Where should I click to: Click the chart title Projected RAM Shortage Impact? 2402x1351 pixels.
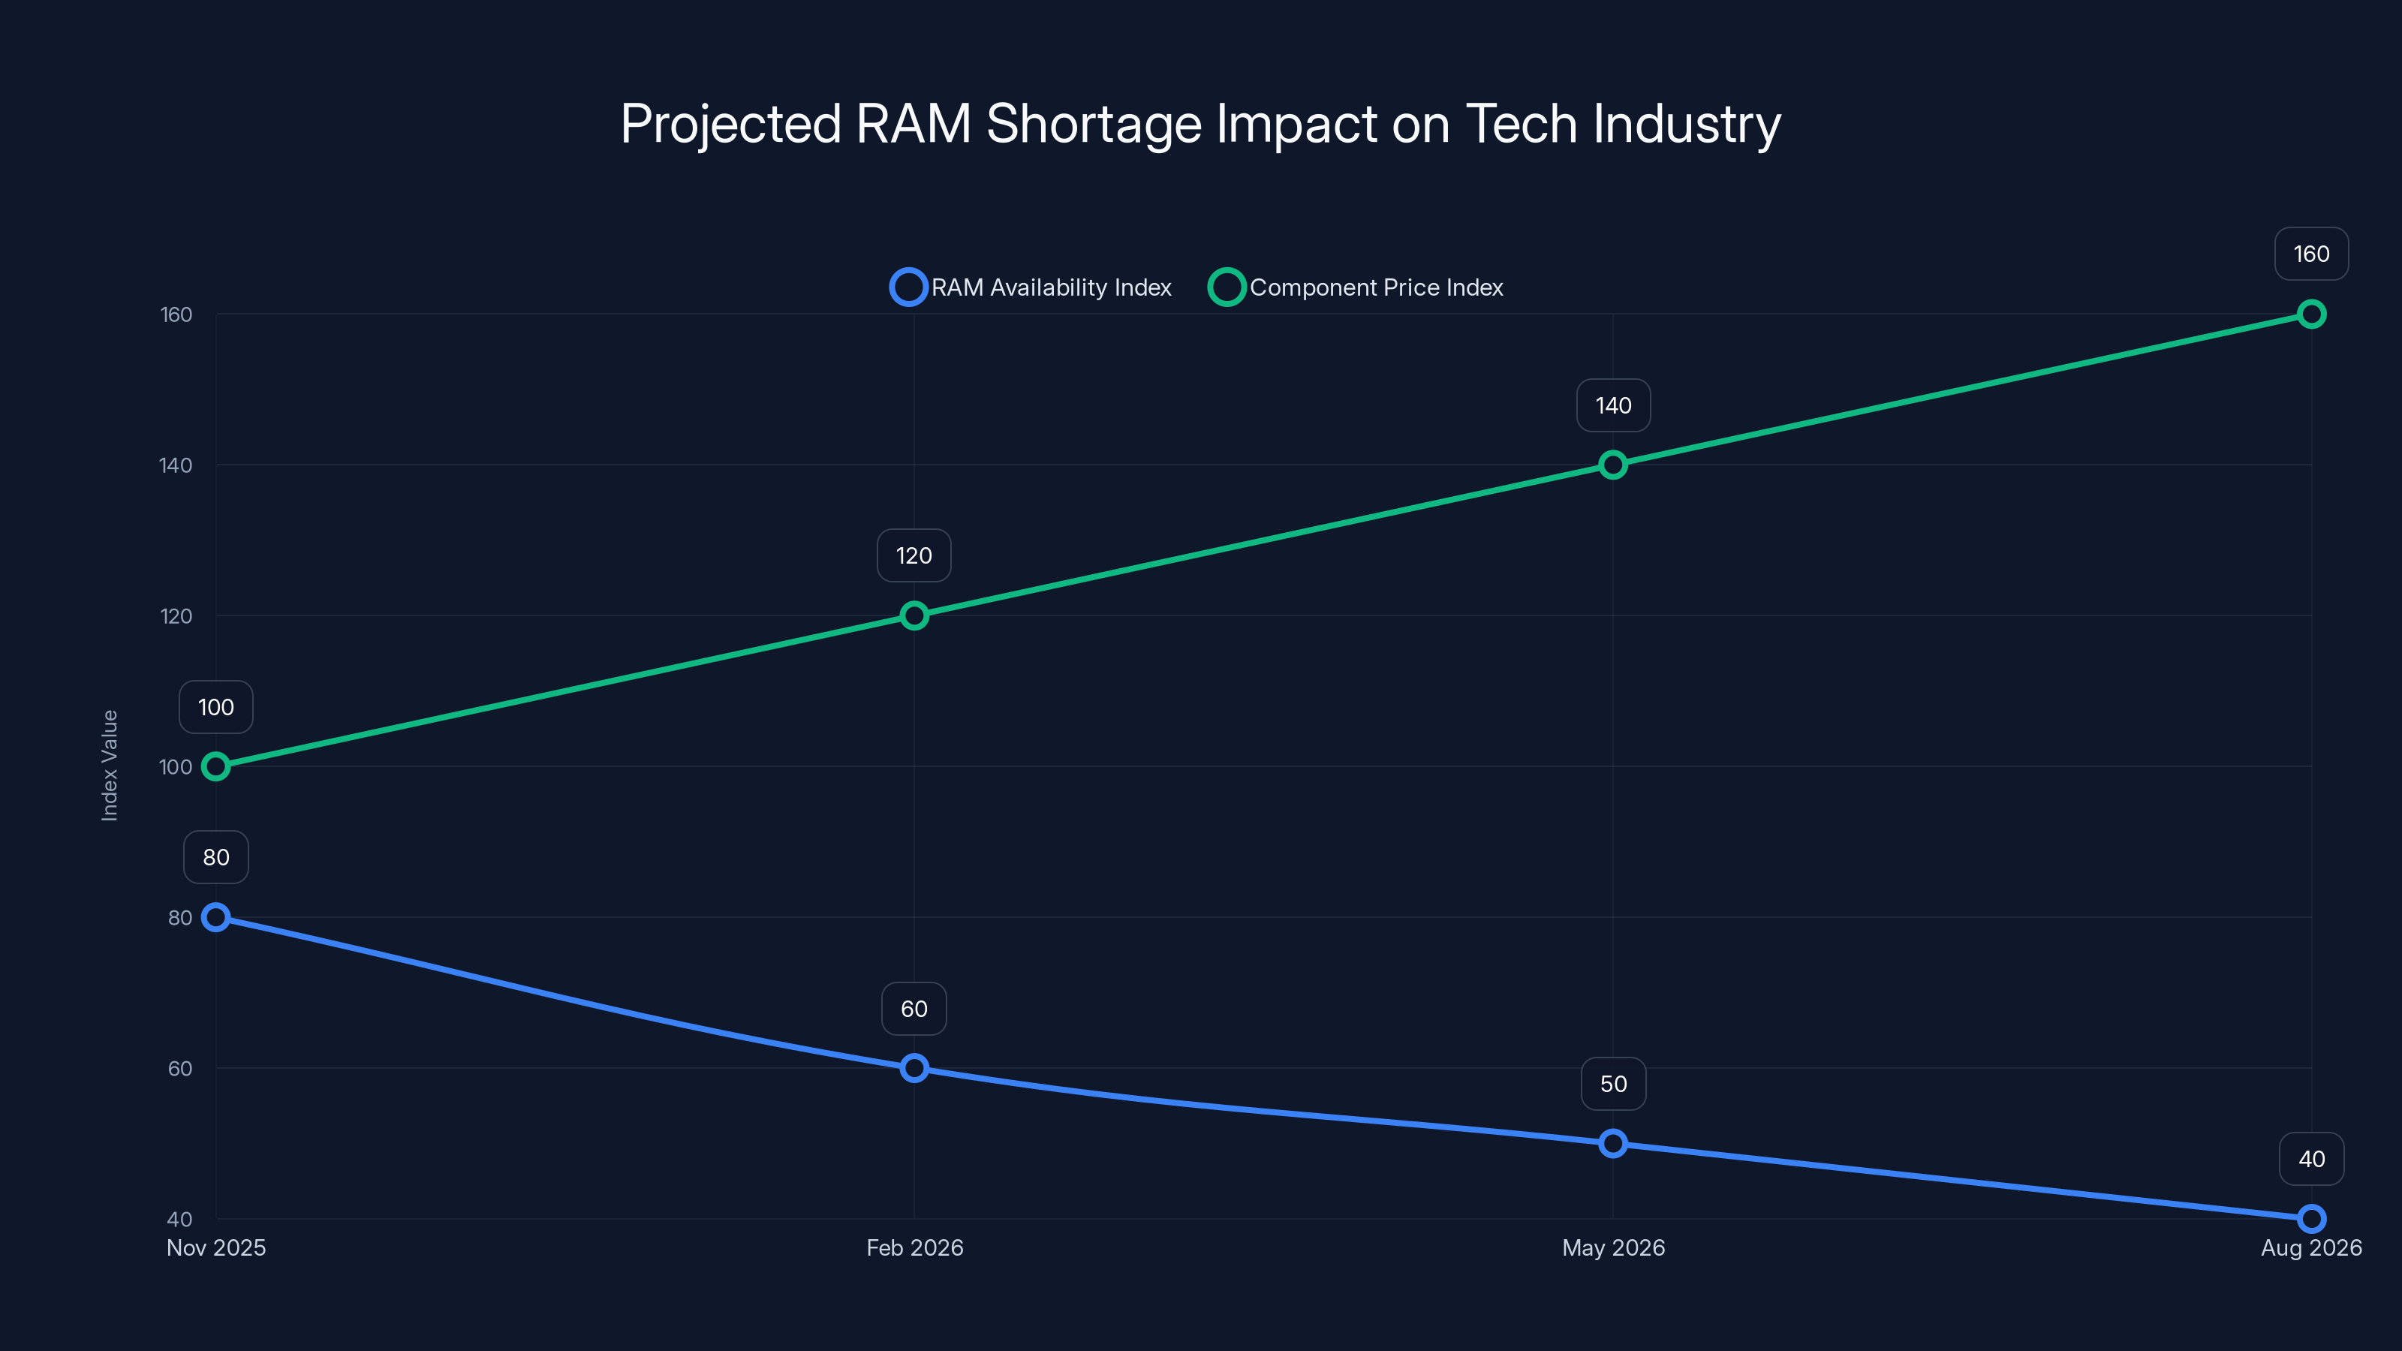click(1200, 124)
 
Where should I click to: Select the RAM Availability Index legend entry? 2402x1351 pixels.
click(1031, 287)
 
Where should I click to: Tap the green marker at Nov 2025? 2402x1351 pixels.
click(215, 766)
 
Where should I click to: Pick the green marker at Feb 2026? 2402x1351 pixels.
click(914, 615)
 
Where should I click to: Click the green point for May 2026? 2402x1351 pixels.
click(1613, 465)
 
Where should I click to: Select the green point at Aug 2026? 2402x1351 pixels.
click(2310, 314)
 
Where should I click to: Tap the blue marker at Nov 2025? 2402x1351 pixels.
click(215, 917)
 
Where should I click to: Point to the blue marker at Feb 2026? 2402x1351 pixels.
click(914, 1067)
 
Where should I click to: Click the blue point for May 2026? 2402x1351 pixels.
click(1613, 1143)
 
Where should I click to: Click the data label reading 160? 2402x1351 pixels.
click(2310, 254)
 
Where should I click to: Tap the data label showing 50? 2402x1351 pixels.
click(1613, 1083)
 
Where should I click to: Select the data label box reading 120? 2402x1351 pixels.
click(914, 555)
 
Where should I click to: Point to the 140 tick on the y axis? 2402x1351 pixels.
click(176, 465)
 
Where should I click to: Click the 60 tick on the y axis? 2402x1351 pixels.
click(180, 1069)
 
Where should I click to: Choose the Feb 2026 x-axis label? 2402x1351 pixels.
click(914, 1247)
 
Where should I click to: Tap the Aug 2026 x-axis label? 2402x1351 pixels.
click(2310, 1247)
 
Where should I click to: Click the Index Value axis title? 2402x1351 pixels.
click(109, 766)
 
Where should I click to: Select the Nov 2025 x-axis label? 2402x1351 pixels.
click(215, 1247)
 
